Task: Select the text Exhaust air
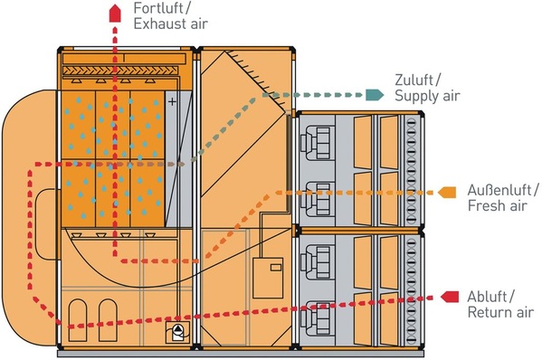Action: coord(168,24)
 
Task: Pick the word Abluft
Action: coord(490,297)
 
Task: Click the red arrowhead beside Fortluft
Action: coord(114,12)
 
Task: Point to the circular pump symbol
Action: coord(178,331)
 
